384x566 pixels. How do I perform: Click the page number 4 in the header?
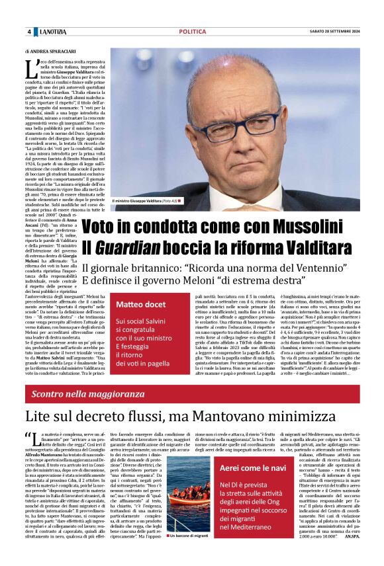coord(29,32)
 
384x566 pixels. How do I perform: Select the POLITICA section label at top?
coord(192,32)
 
